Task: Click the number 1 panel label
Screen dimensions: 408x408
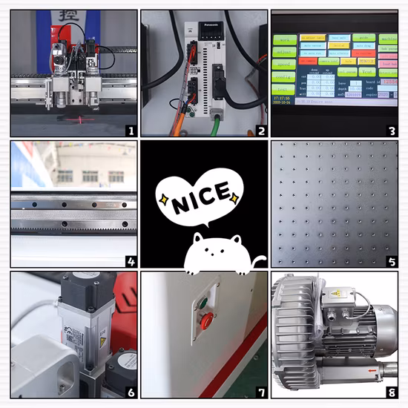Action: pos(131,131)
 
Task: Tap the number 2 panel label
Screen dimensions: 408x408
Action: pos(260,131)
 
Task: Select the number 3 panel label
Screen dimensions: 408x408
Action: pos(390,131)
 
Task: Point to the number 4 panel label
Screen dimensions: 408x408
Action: pos(131,261)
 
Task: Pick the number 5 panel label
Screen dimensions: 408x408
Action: pos(390,261)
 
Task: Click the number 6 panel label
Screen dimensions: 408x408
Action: pos(131,391)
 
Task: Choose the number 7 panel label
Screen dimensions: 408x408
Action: pos(260,391)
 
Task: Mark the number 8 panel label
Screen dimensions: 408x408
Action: pos(390,391)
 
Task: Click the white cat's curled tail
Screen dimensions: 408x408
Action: pos(257,260)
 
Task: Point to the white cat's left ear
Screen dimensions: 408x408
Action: pos(197,240)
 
